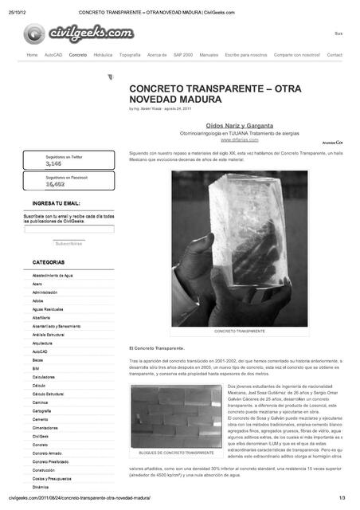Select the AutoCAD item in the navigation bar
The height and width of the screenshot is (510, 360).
(x=53, y=55)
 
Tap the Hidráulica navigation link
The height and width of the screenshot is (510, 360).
(x=103, y=55)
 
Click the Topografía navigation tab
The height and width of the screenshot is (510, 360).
(x=130, y=55)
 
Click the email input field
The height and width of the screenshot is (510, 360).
(x=69, y=229)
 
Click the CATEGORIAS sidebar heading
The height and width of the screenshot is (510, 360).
(x=49, y=262)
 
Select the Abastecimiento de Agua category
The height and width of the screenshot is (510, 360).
(x=53, y=275)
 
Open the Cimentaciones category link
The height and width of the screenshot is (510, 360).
(x=46, y=427)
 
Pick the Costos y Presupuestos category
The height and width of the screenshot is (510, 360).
(x=51, y=478)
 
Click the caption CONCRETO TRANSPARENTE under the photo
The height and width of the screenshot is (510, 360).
(x=240, y=331)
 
